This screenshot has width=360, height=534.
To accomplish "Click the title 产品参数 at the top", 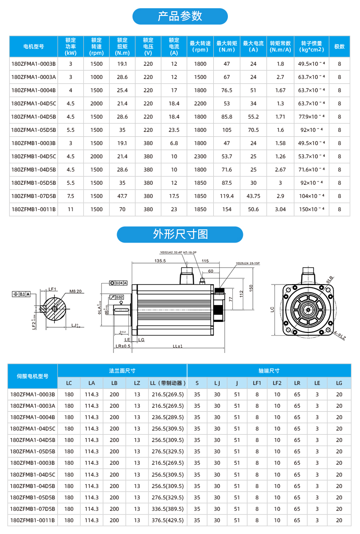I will pyautogui.click(x=180, y=16).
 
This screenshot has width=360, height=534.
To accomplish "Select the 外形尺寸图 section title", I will pyautogui.click(x=180, y=234).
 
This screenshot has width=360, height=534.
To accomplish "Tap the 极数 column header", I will pyautogui.click(x=339, y=47).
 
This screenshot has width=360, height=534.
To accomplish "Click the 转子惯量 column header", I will pyautogui.click(x=311, y=47).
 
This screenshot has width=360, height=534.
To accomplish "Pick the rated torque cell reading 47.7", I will pyautogui.click(x=122, y=196).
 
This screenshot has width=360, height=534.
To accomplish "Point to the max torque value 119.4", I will pyautogui.click(x=226, y=196).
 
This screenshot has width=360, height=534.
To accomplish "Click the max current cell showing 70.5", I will pyautogui.click(x=253, y=130).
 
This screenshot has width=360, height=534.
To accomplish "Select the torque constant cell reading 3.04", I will pyautogui.click(x=280, y=209).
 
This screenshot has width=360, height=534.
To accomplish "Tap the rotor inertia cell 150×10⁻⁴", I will pyautogui.click(x=311, y=209).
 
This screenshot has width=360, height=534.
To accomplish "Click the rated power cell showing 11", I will pyautogui.click(x=71, y=209).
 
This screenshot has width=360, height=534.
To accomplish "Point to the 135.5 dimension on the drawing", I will pyautogui.click(x=160, y=261).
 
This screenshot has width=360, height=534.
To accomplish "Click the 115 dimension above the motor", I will pyautogui.click(x=205, y=261).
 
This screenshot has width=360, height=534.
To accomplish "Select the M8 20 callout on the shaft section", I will pyautogui.click(x=76, y=291).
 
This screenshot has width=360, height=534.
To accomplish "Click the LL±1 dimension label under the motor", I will pyautogui.click(x=178, y=347).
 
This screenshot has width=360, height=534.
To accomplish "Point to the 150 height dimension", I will pyautogui.click(x=251, y=289).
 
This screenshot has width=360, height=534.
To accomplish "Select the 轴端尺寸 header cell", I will pyautogui.click(x=269, y=371).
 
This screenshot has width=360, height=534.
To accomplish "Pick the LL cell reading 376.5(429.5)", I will pyautogui.click(x=167, y=520).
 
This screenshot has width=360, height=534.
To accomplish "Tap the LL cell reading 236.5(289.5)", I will pyautogui.click(x=167, y=417).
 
